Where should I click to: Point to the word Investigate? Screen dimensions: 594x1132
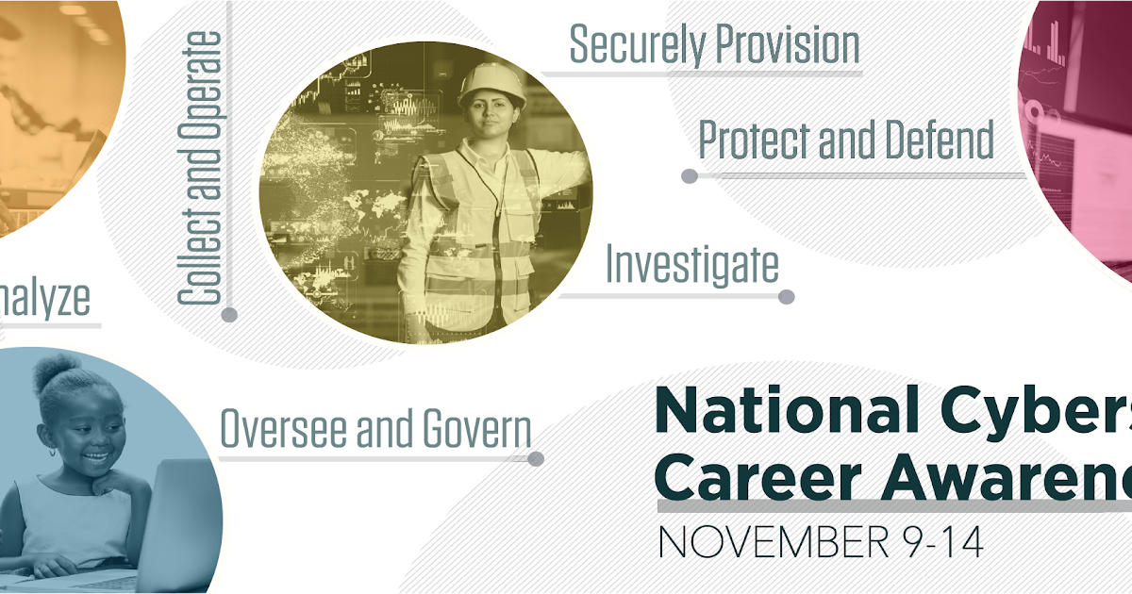click(691, 265)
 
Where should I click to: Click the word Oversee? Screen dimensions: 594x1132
click(280, 429)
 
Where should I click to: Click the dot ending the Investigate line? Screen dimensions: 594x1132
click(786, 297)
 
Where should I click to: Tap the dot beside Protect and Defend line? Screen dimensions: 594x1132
click(690, 175)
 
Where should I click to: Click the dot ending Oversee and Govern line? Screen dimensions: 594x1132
click(536, 459)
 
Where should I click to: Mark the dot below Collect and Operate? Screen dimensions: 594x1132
click(229, 315)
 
